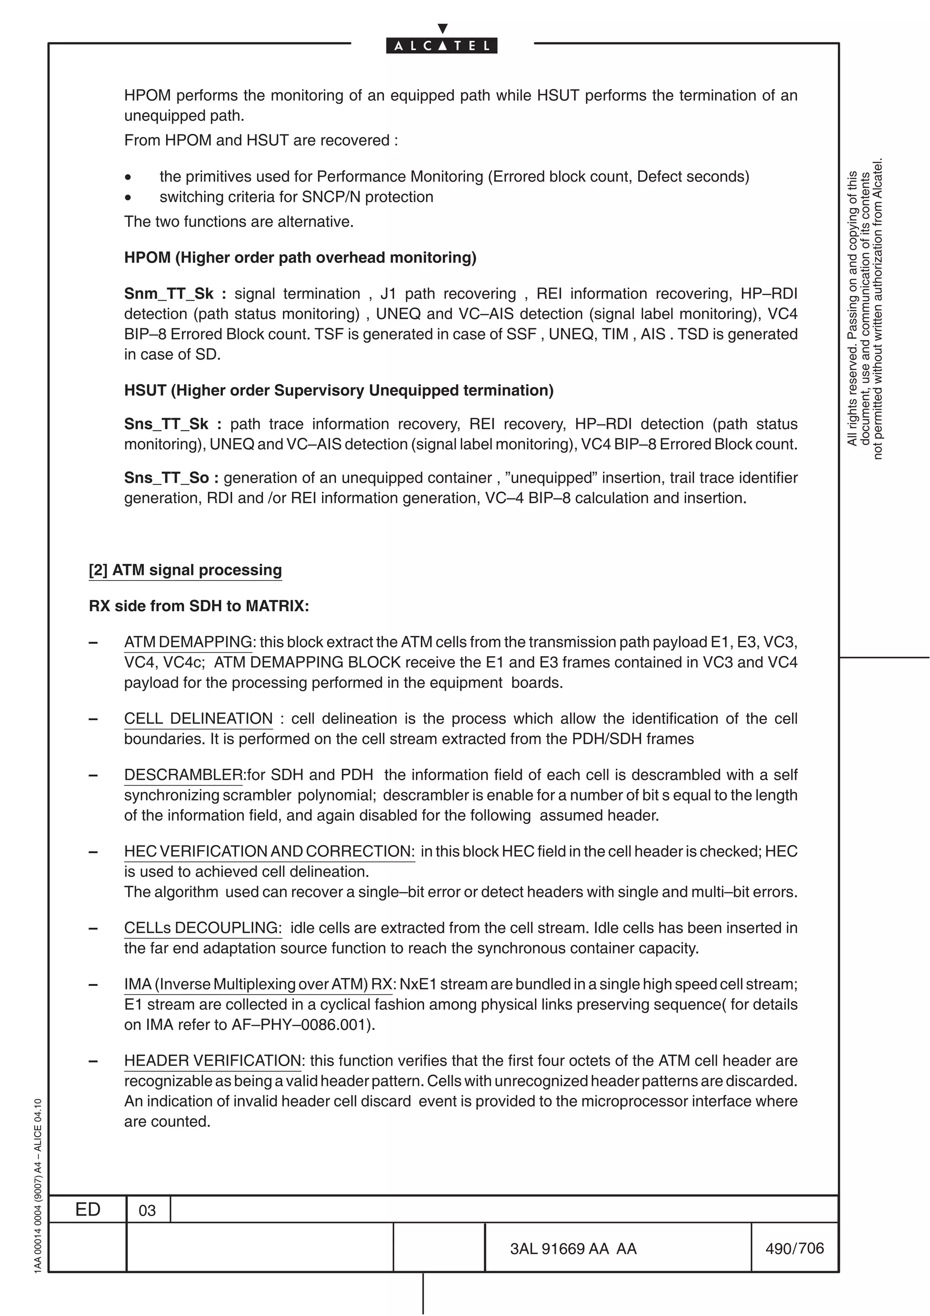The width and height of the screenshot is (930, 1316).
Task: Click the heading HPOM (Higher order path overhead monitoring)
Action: click(x=300, y=257)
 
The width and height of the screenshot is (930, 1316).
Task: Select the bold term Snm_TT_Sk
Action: click(x=169, y=293)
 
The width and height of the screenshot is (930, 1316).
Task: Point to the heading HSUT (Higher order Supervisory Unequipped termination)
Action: click(x=339, y=391)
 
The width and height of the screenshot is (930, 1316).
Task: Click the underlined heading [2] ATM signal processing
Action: click(x=185, y=570)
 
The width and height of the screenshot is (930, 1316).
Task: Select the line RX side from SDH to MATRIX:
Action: click(x=199, y=606)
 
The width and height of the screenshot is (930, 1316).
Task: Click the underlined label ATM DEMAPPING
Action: click(x=188, y=642)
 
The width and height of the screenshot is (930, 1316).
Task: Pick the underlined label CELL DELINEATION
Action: click(x=198, y=718)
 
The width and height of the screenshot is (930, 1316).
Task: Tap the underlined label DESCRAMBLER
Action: click(x=183, y=774)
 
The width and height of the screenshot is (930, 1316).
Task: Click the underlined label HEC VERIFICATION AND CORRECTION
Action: click(x=269, y=851)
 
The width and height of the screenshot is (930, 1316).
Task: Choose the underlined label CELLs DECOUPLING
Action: click(x=202, y=927)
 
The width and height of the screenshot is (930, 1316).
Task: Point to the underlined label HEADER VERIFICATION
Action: click(x=212, y=1060)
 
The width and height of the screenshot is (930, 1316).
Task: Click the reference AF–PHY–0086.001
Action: click(x=300, y=1024)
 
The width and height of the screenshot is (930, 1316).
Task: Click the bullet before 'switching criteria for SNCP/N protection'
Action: click(x=129, y=197)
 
